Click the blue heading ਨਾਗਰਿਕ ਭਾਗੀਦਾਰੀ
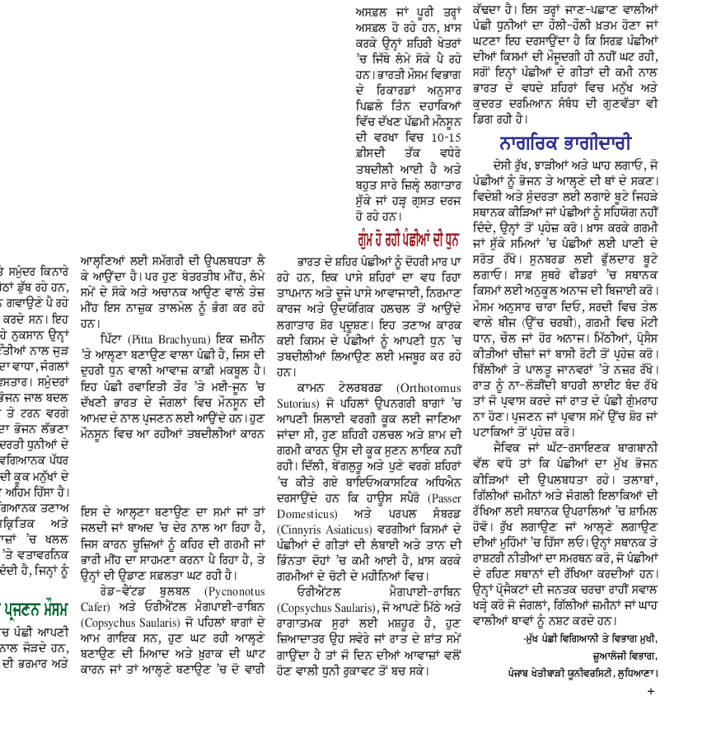[564, 143]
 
